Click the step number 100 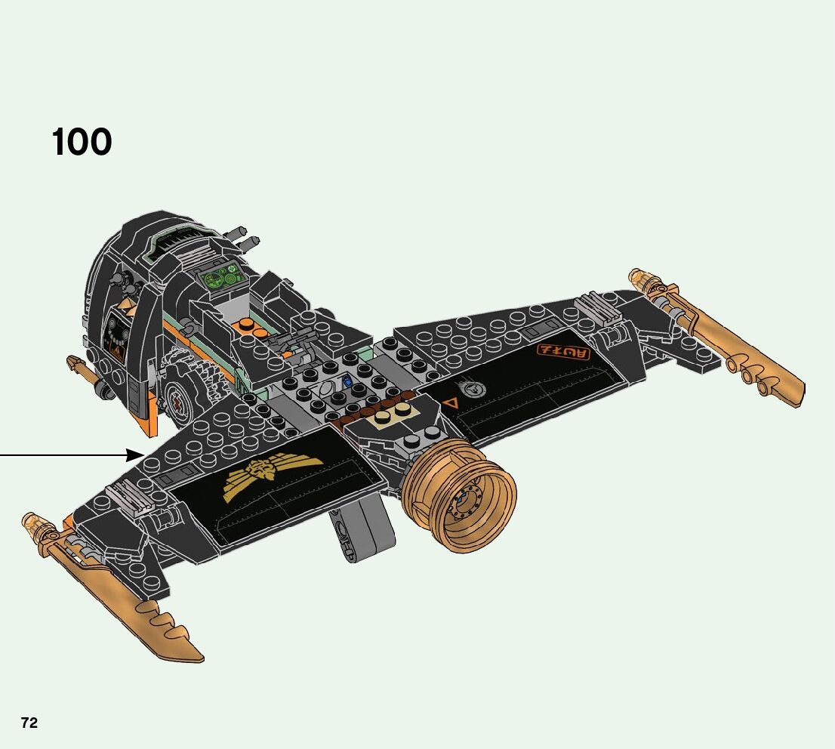coord(82,142)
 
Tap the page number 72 coord(29,723)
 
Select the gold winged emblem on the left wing coord(272,475)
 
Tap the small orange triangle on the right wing coord(452,403)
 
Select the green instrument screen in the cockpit coord(220,279)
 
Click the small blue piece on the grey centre coord(347,381)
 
